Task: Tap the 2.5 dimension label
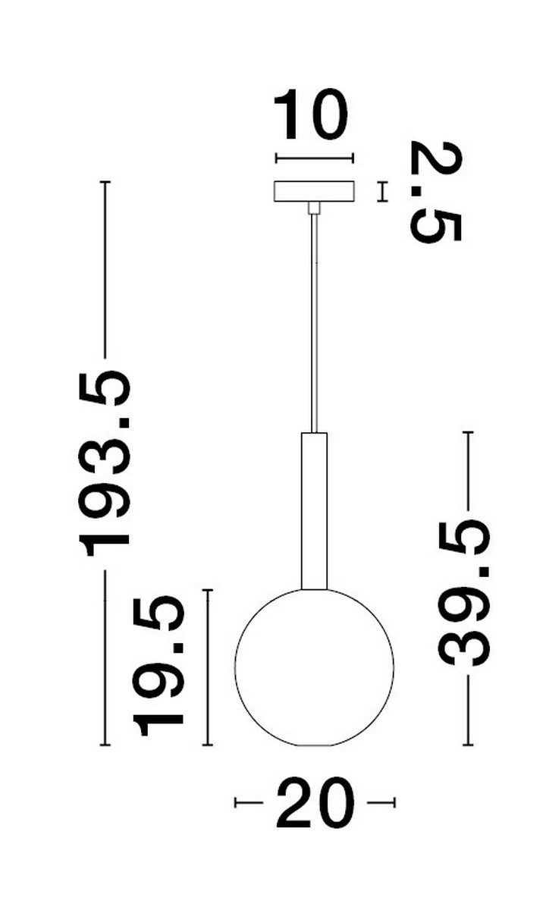tap(435, 191)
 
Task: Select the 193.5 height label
tap(105, 463)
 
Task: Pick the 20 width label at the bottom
tap(315, 802)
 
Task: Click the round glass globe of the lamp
tap(315, 667)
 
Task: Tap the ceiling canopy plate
tap(315, 191)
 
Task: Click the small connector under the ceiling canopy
tap(314, 208)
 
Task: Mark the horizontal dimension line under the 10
tap(315, 158)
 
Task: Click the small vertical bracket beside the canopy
tap(383, 191)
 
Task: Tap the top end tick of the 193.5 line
tap(105, 183)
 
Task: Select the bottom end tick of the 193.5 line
tap(105, 745)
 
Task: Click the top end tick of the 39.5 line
tap(468, 432)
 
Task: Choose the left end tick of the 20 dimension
tap(236, 802)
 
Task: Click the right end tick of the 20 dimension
tap(394, 802)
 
